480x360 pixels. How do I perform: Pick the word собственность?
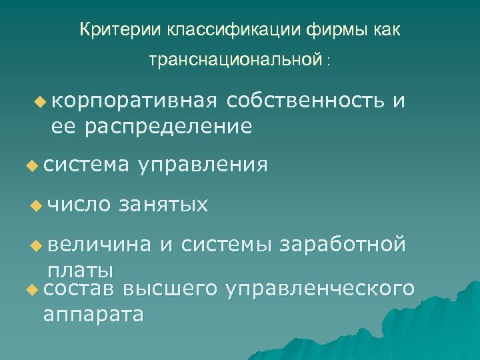tap(305, 101)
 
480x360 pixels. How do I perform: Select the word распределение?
tap(167, 126)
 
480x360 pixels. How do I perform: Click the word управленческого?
tap(321, 289)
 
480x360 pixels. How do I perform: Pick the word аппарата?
tap(93, 314)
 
